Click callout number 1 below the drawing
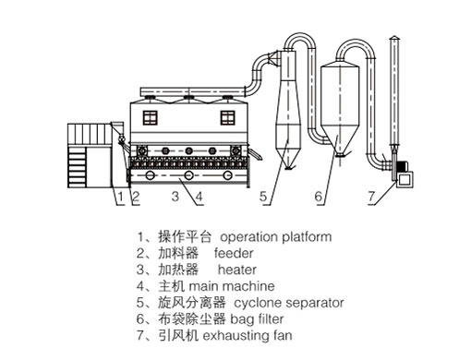point(120,196)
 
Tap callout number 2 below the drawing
point(136,197)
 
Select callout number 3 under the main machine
point(175,196)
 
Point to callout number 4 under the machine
point(199,197)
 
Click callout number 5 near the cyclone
point(263,196)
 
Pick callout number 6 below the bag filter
point(319,196)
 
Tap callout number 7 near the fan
point(371,196)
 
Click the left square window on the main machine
point(151,118)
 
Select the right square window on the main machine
point(228,118)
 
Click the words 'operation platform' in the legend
point(276,237)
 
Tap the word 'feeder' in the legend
point(234,254)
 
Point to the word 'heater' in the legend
point(237,270)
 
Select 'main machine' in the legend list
point(232,286)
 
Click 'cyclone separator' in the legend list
point(289,303)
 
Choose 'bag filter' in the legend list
point(257,319)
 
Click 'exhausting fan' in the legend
point(248,335)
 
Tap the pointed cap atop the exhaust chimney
point(394,38)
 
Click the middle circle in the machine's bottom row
point(188,175)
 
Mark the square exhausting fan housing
point(404,179)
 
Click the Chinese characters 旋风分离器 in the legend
point(192,303)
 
